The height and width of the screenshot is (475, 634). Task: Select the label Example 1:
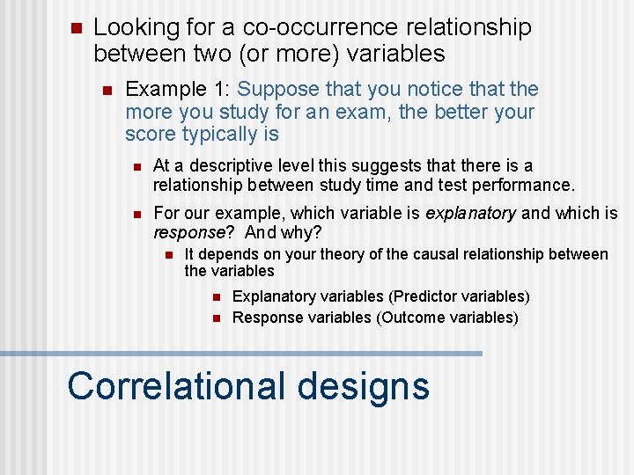179,89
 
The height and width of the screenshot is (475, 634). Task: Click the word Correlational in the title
176,386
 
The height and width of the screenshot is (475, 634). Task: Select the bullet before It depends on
166,255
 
